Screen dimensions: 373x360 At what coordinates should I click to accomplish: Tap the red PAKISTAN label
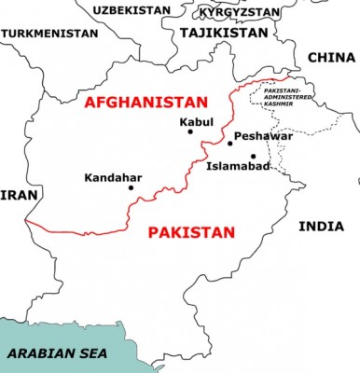click(x=191, y=230)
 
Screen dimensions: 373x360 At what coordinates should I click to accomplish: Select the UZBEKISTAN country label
click(x=132, y=10)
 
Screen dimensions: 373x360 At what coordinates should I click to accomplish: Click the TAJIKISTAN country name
click(x=223, y=32)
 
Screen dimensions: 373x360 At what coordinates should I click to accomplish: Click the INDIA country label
click(x=321, y=227)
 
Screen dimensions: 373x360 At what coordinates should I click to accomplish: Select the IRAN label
click(x=15, y=195)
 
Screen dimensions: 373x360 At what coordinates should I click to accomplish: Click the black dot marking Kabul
click(x=190, y=131)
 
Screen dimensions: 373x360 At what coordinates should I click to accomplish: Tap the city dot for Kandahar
click(x=132, y=187)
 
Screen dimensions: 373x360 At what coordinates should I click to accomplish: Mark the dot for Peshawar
click(x=230, y=143)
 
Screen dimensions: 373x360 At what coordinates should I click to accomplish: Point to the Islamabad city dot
click(x=253, y=156)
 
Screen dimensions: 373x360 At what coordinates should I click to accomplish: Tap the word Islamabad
click(x=238, y=167)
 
